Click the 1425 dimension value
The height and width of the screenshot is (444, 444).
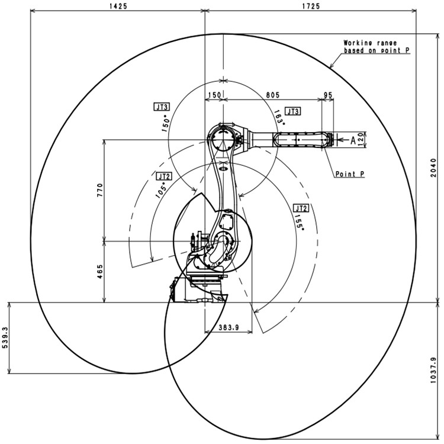tap(118, 7)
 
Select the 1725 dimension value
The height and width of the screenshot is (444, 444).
tap(311, 7)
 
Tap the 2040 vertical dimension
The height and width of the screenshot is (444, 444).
tap(433, 168)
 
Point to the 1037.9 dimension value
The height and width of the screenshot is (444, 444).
tap(433, 370)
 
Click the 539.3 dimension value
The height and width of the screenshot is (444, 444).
tap(5, 337)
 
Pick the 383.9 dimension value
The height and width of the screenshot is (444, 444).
tap(229, 327)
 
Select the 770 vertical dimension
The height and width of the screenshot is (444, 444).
tap(100, 190)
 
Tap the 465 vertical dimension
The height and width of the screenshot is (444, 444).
tap(100, 271)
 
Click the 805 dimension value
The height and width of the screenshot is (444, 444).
tap(273, 95)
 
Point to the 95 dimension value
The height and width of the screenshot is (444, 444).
tap(328, 95)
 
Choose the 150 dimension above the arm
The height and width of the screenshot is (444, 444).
tap(214, 95)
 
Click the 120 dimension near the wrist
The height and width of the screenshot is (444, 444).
tap(361, 139)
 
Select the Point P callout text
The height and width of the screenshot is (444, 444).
tap(350, 174)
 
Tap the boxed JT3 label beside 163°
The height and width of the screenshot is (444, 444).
tap(293, 111)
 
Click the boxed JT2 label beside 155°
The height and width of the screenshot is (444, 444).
tap(301, 208)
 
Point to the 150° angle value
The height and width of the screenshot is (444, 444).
tap(166, 124)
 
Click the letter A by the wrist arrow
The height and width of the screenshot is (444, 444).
tap(353, 140)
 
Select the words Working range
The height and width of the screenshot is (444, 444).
tap(370, 43)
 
